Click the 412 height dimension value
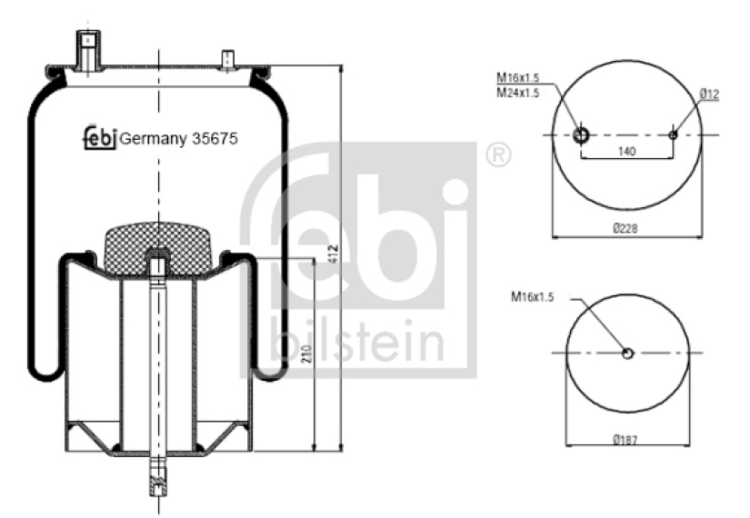(x=334, y=253)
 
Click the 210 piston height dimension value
(x=307, y=354)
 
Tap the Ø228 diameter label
(x=625, y=228)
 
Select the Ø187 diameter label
(x=625, y=439)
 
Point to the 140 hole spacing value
(x=626, y=151)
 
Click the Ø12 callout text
(x=709, y=95)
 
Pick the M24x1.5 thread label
(x=518, y=93)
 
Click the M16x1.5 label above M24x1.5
(x=518, y=77)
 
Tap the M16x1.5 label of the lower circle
(x=533, y=297)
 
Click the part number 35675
(x=215, y=139)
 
